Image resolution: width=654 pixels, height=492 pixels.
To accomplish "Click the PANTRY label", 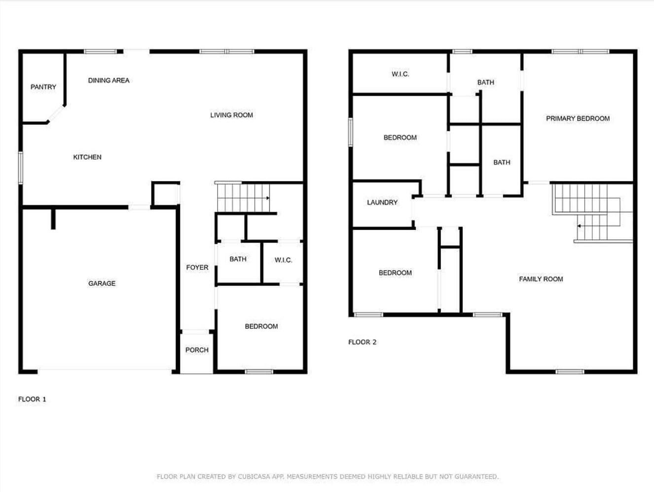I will [43, 87].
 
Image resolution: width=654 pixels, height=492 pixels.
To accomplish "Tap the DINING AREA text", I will [109, 80].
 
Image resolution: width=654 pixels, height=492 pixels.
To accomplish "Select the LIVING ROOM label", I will [231, 115].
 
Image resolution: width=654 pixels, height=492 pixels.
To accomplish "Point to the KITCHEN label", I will [87, 157].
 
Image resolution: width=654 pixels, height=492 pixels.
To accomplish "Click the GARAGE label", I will [102, 283].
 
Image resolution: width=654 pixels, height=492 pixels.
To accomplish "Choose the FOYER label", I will [197, 267].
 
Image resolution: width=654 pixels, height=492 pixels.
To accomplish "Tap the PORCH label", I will [197, 350].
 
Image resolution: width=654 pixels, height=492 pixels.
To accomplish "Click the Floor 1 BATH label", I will [238, 259].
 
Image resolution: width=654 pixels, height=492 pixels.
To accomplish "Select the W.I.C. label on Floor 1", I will [283, 260].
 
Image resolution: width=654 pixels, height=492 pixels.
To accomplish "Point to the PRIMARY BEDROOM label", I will [578, 118].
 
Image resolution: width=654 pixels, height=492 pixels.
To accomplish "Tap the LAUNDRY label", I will [382, 202].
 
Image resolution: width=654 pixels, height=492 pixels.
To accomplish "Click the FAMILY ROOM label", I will [541, 279].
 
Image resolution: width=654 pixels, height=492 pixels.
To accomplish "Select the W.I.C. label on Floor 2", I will [400, 74].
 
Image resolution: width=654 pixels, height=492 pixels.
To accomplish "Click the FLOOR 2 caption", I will [362, 342].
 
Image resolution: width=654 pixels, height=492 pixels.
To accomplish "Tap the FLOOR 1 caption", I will [32, 399].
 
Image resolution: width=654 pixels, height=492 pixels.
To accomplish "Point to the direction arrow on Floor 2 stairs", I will [580, 226].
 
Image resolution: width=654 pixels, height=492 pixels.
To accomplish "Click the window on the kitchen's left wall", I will [20, 168].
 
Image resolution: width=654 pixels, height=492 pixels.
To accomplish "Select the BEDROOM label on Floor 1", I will [261, 326].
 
